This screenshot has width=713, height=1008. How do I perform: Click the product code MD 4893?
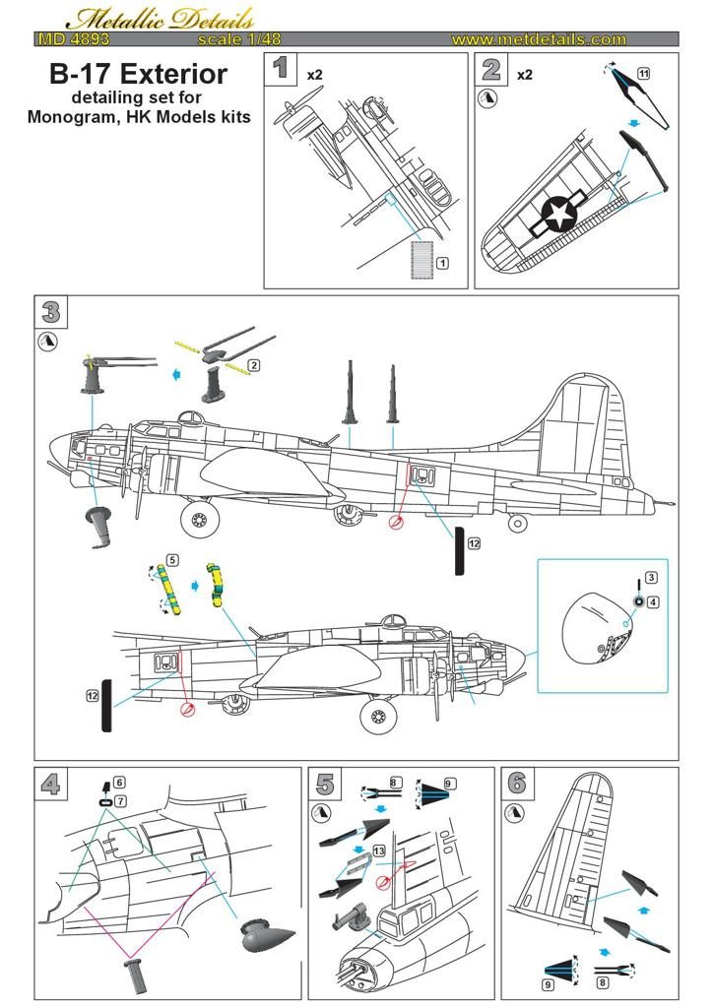[x=74, y=39]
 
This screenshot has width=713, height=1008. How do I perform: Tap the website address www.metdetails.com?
[x=538, y=39]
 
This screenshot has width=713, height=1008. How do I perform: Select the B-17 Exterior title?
[x=139, y=74]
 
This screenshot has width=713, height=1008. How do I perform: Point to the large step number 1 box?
[x=282, y=68]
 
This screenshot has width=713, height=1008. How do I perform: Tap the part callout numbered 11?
[x=643, y=74]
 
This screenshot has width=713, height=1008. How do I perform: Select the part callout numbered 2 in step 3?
[x=254, y=365]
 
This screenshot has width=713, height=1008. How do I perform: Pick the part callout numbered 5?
[x=172, y=559]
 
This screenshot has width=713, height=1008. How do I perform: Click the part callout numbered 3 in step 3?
[x=651, y=577]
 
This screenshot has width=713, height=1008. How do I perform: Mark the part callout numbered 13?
[x=379, y=850]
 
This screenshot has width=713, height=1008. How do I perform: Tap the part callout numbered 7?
[x=119, y=801]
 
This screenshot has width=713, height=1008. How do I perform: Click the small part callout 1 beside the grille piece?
[x=443, y=263]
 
